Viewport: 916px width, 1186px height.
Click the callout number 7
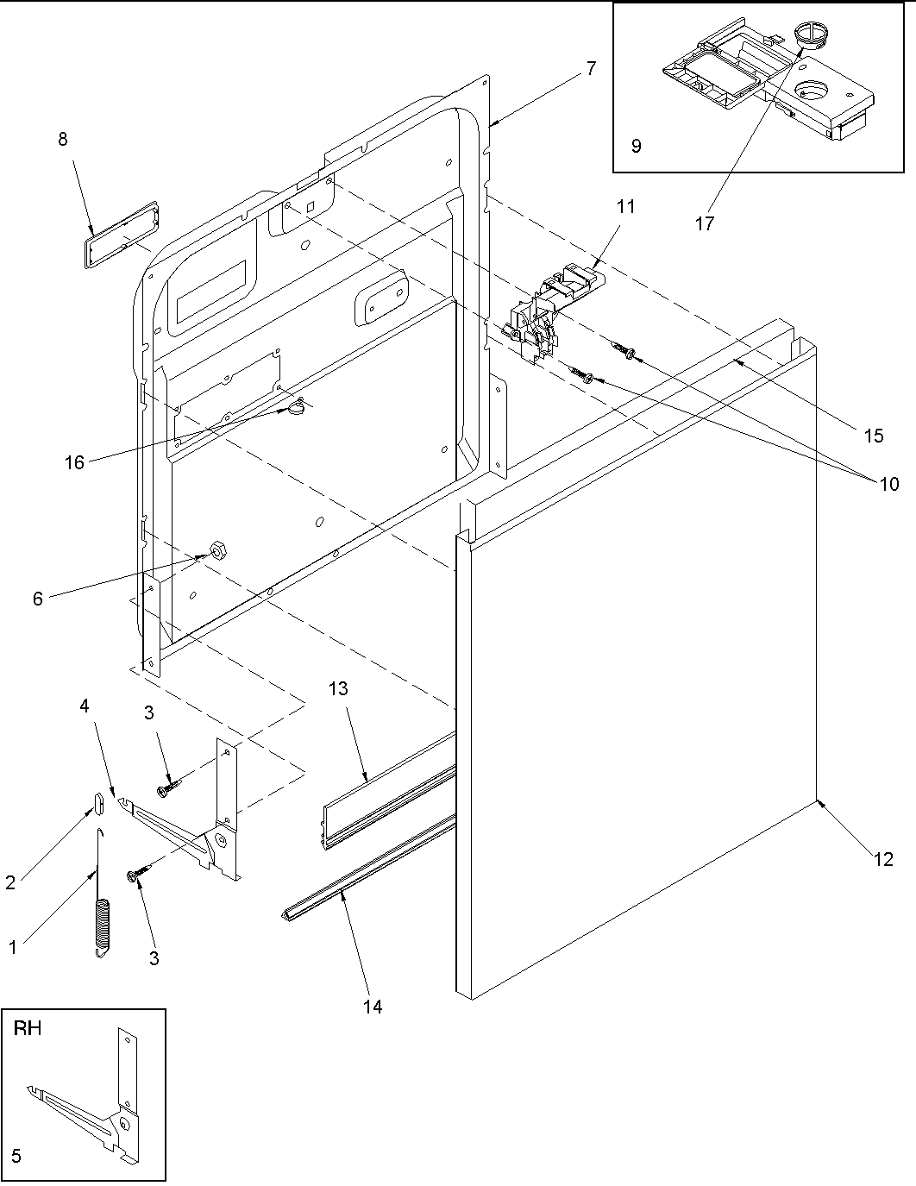click(x=590, y=69)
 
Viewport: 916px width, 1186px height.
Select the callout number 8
click(x=63, y=139)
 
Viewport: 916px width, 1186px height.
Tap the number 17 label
click(x=705, y=223)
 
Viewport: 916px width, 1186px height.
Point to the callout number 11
click(x=625, y=206)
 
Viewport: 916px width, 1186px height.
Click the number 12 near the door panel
click(x=883, y=859)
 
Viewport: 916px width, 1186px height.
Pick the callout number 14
click(x=373, y=1006)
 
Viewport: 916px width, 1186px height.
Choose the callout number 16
click(x=75, y=462)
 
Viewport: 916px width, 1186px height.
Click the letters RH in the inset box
click(x=28, y=1028)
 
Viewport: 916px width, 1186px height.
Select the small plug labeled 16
click(x=298, y=405)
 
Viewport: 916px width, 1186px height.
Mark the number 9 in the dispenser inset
click(x=636, y=146)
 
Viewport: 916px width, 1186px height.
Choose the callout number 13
click(x=338, y=688)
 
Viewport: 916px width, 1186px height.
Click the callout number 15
click(x=873, y=436)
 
